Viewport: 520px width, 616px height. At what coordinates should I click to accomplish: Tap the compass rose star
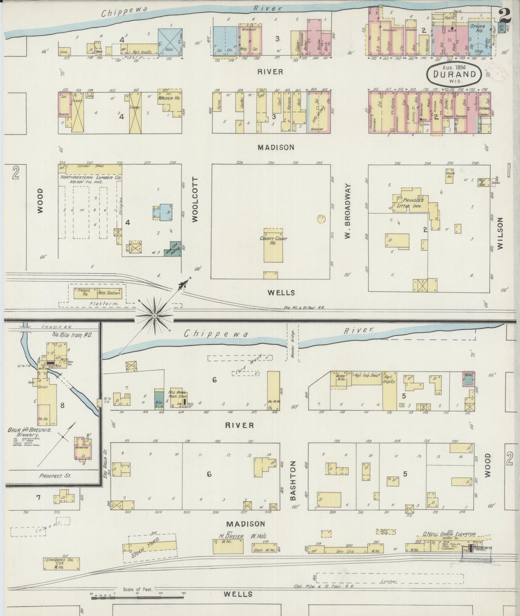(x=154, y=316)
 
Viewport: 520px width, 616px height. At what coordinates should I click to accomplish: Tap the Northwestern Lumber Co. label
(x=90, y=178)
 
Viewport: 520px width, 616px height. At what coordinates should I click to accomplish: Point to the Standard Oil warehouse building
(x=62, y=563)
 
